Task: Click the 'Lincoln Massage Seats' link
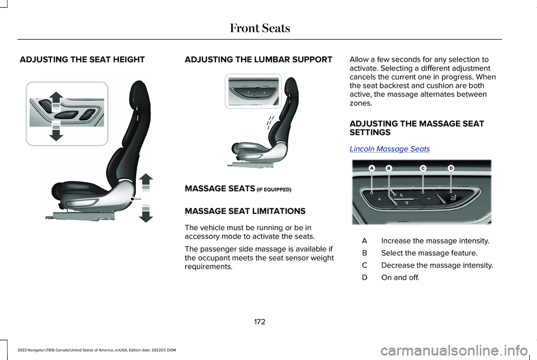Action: point(389,149)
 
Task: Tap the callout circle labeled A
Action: point(370,168)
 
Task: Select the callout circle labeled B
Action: point(388,168)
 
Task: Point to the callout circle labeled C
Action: point(423,168)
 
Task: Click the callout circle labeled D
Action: point(450,168)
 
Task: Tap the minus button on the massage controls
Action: point(428,198)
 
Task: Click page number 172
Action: point(260,321)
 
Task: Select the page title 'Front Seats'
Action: point(260,27)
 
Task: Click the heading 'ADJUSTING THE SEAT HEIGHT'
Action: point(82,59)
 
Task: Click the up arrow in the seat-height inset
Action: point(56,101)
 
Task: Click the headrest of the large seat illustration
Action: point(140,92)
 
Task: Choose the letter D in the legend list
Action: point(364,278)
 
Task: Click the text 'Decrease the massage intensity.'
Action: point(437,265)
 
